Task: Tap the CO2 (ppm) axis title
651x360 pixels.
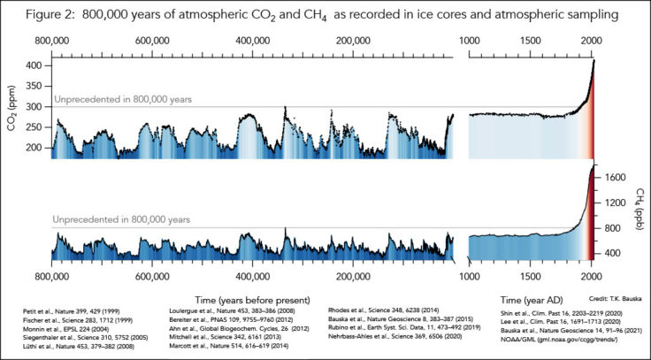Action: coord(13,113)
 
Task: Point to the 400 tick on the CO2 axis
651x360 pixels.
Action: coord(37,65)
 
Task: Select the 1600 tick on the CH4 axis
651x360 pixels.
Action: coord(617,177)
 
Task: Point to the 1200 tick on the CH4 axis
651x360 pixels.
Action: coord(617,202)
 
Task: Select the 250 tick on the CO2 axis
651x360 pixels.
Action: coord(37,126)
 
